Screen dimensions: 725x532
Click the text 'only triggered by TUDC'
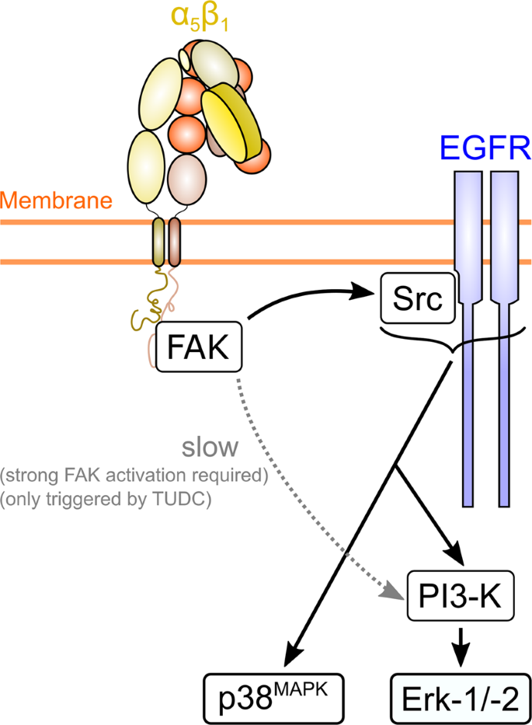[x=134, y=500]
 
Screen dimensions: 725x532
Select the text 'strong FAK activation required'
[x=134, y=476]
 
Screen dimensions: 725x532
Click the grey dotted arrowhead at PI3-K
[x=396, y=595]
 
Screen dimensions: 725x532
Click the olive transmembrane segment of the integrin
[x=158, y=242]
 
